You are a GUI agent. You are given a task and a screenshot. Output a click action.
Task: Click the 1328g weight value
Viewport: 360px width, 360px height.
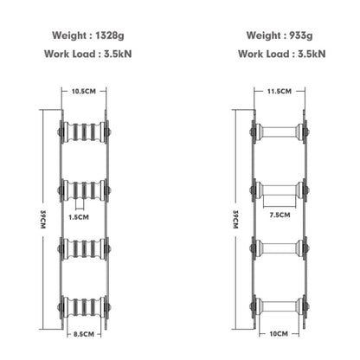pyautogui.click(x=110, y=35)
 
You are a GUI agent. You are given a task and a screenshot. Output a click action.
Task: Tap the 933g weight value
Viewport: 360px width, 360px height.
pyautogui.click(x=301, y=35)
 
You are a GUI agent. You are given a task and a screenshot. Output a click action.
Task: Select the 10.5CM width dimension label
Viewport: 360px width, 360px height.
pyautogui.click(x=84, y=92)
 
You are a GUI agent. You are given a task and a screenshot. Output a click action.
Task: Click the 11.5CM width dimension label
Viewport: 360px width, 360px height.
pyautogui.click(x=280, y=92)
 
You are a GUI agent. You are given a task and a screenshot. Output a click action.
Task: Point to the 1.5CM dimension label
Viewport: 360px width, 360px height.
pyautogui.click(x=79, y=217)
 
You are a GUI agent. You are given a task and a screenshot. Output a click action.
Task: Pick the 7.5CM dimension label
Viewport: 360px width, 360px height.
pyautogui.click(x=280, y=215)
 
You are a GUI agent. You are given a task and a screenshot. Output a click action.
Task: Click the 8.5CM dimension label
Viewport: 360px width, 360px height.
pyautogui.click(x=84, y=334)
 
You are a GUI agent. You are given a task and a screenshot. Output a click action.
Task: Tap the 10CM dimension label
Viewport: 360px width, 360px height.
pyautogui.click(x=279, y=334)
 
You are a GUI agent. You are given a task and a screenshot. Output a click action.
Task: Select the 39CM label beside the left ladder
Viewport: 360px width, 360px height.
pyautogui.click(x=43, y=220)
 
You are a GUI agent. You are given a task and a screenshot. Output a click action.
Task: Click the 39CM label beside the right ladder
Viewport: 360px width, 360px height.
pyautogui.click(x=235, y=220)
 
